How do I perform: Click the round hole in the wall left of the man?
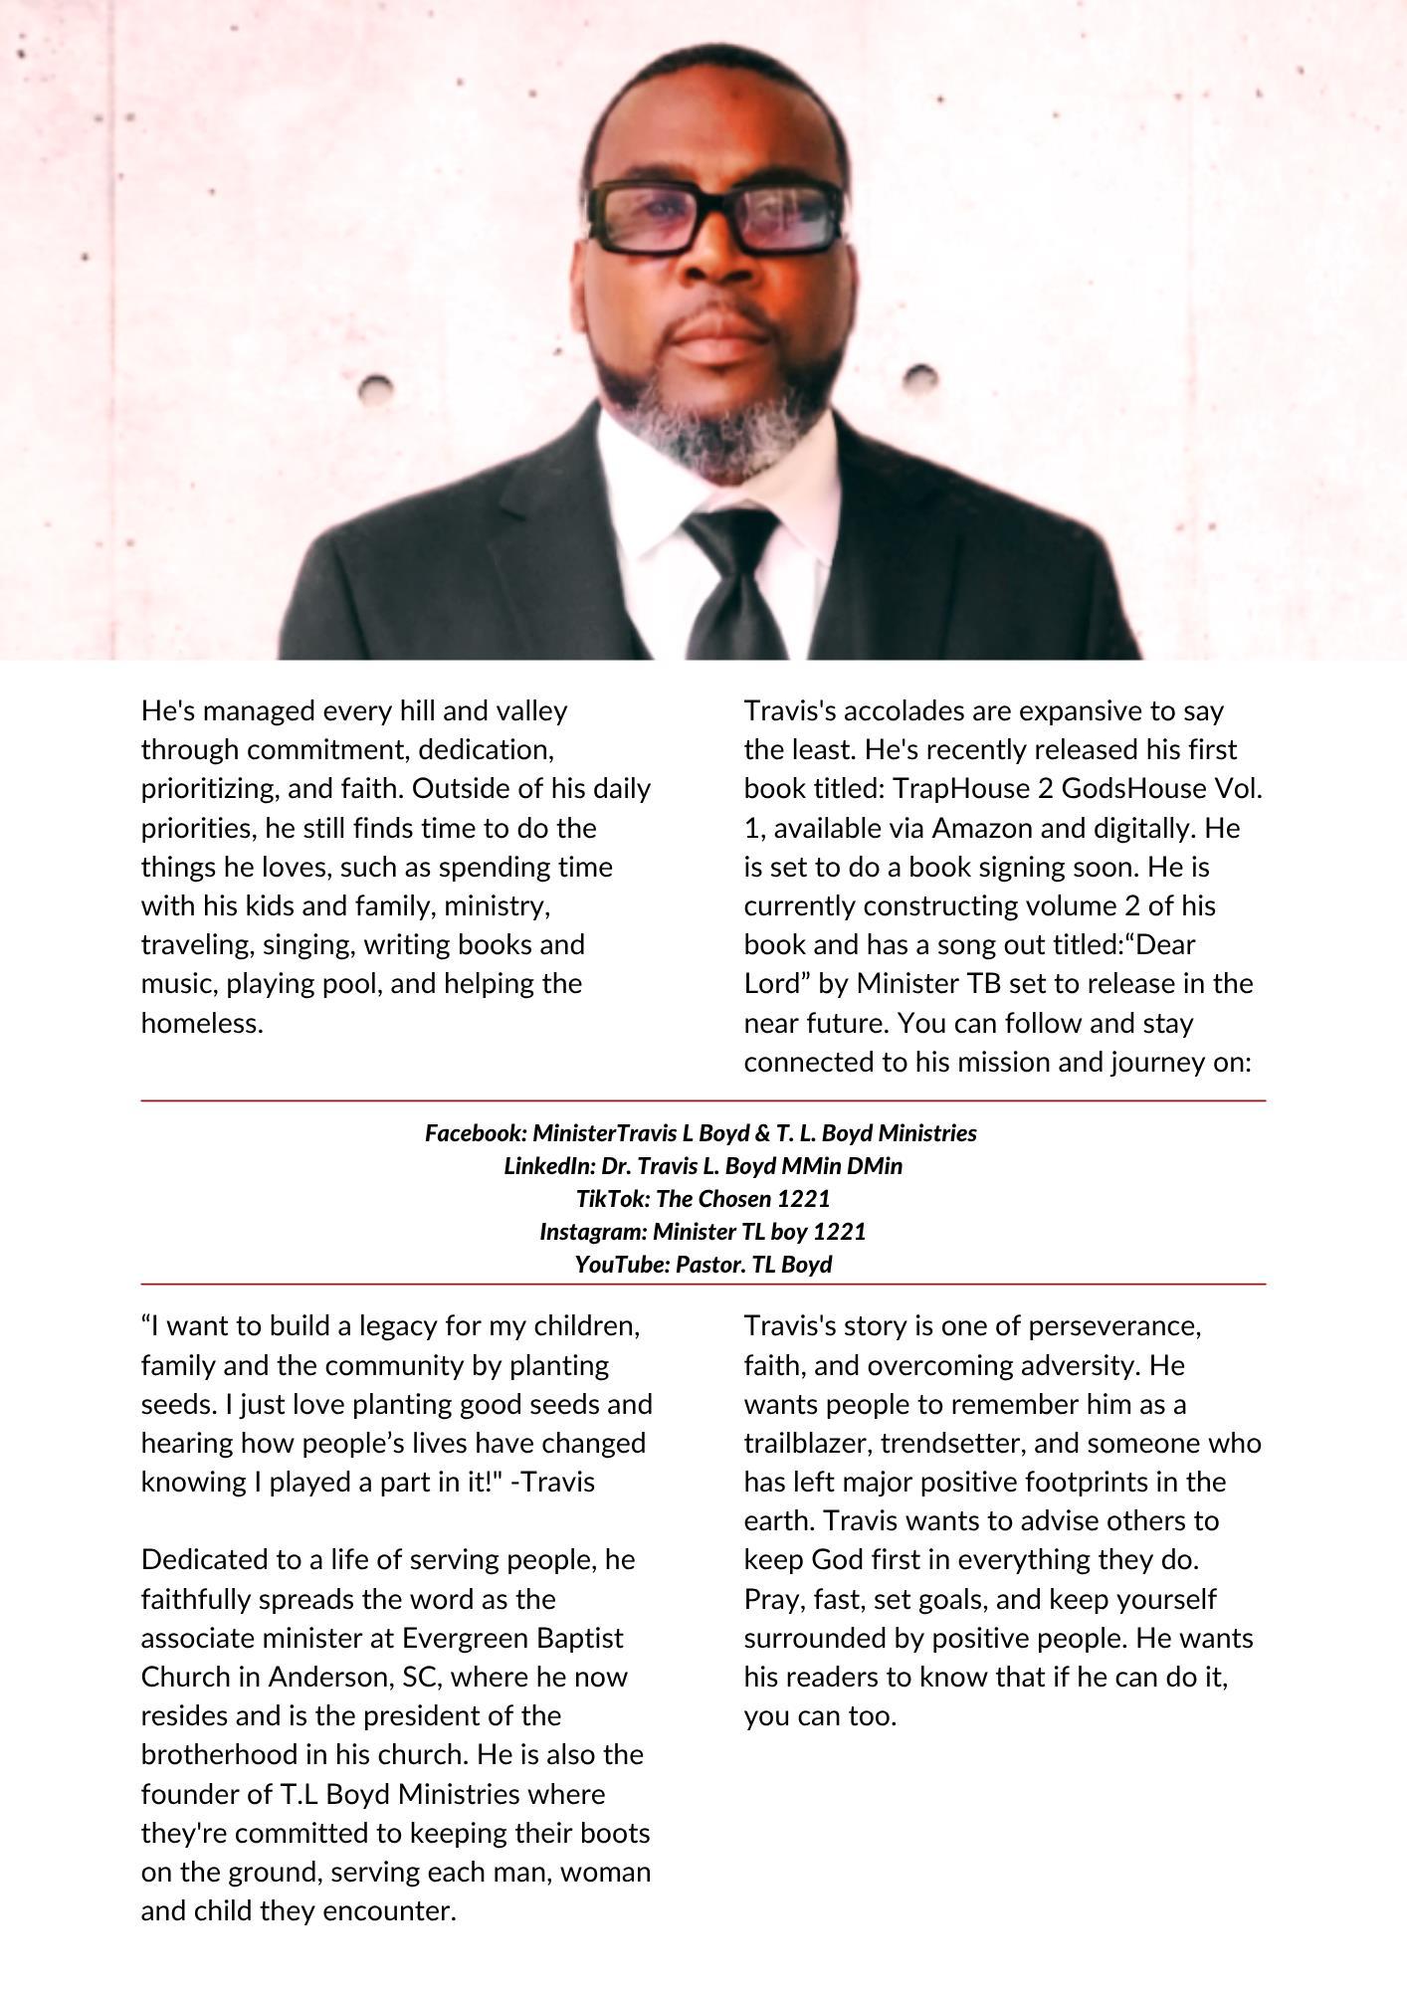point(375,388)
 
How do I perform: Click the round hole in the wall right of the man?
point(920,379)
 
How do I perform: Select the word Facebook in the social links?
point(475,1132)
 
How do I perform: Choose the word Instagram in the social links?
point(592,1231)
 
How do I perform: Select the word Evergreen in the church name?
point(465,1638)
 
